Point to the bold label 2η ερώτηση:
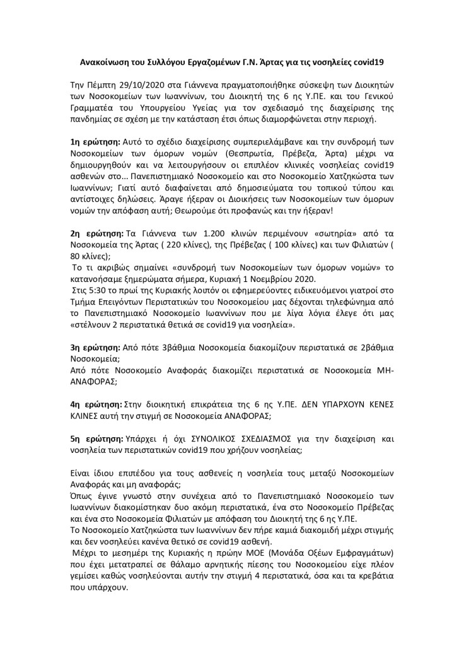pos(94,233)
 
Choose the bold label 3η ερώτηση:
pos(94,348)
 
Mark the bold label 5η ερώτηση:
pos(94,436)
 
